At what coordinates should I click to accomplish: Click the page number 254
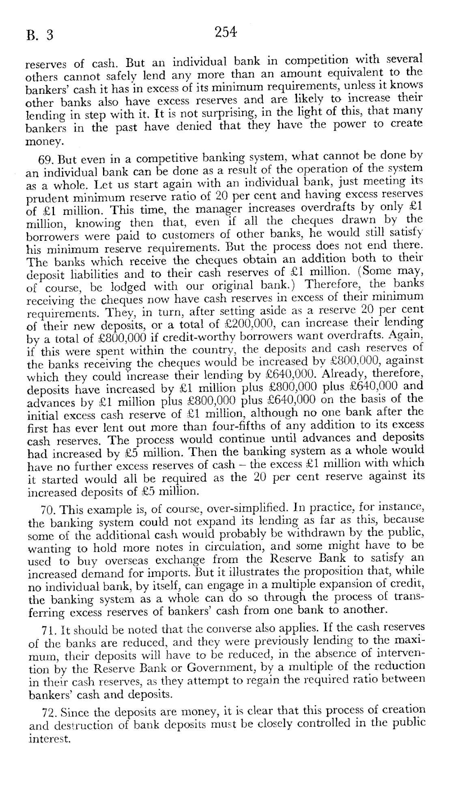[226, 32]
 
